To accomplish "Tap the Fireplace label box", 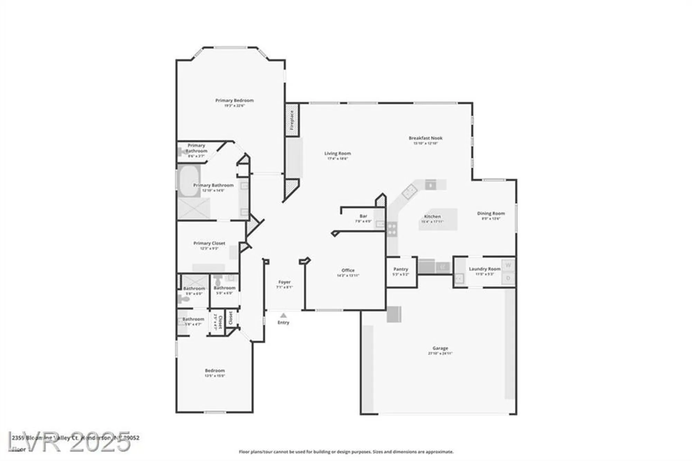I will [292, 120].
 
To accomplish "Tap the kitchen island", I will [438, 219].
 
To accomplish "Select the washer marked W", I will [508, 265].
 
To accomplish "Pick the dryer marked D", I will [508, 278].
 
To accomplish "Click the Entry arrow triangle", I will [283, 315].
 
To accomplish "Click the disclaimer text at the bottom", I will [346, 452].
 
